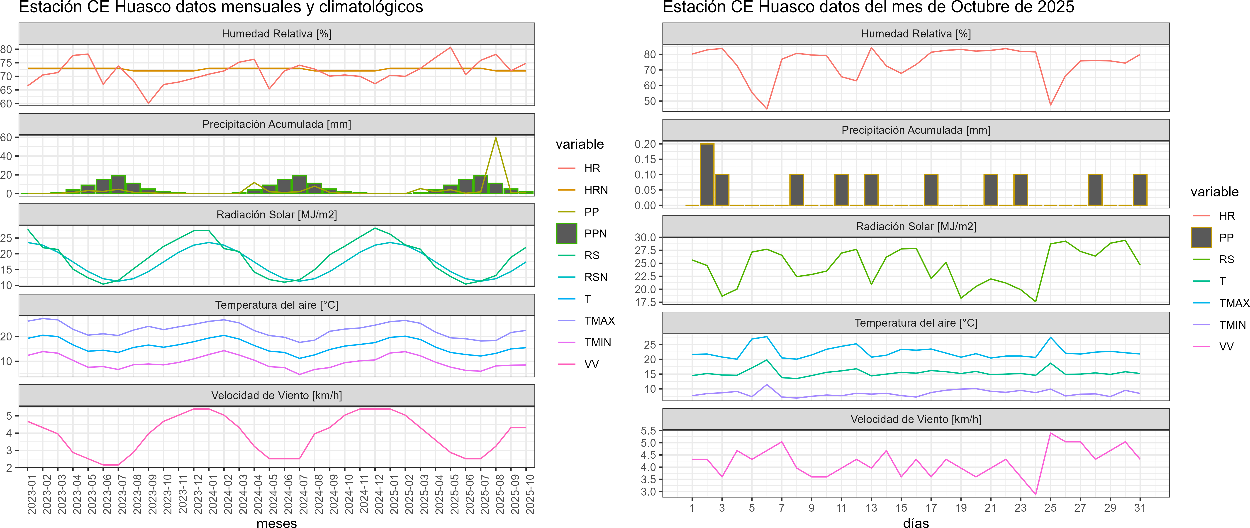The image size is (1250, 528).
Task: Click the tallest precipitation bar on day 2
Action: [707, 175]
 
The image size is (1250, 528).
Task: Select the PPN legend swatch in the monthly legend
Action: [566, 233]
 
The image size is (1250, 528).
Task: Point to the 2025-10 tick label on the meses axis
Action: [530, 494]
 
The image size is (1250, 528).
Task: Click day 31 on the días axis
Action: [1140, 508]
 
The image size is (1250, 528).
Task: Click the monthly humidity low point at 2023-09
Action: [149, 103]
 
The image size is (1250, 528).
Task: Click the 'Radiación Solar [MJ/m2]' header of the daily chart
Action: [916, 227]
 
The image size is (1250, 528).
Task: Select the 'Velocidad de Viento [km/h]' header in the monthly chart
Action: [277, 396]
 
